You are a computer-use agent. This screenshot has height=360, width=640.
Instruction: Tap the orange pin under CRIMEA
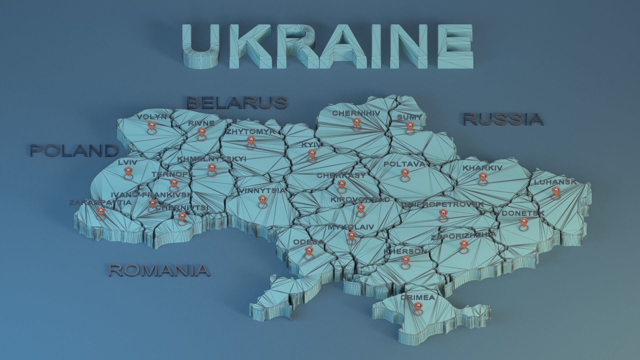[x=417, y=307]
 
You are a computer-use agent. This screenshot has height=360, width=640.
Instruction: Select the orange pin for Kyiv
[x=312, y=154]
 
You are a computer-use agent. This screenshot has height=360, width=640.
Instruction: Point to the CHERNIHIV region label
[x=356, y=113]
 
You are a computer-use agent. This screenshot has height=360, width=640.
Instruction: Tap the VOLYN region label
[x=151, y=117]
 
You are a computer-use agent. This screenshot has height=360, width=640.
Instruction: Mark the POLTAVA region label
[x=404, y=164]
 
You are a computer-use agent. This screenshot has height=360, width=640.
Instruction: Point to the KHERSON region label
[x=405, y=251]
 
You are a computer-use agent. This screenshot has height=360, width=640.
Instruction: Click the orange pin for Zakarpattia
[x=101, y=211]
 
